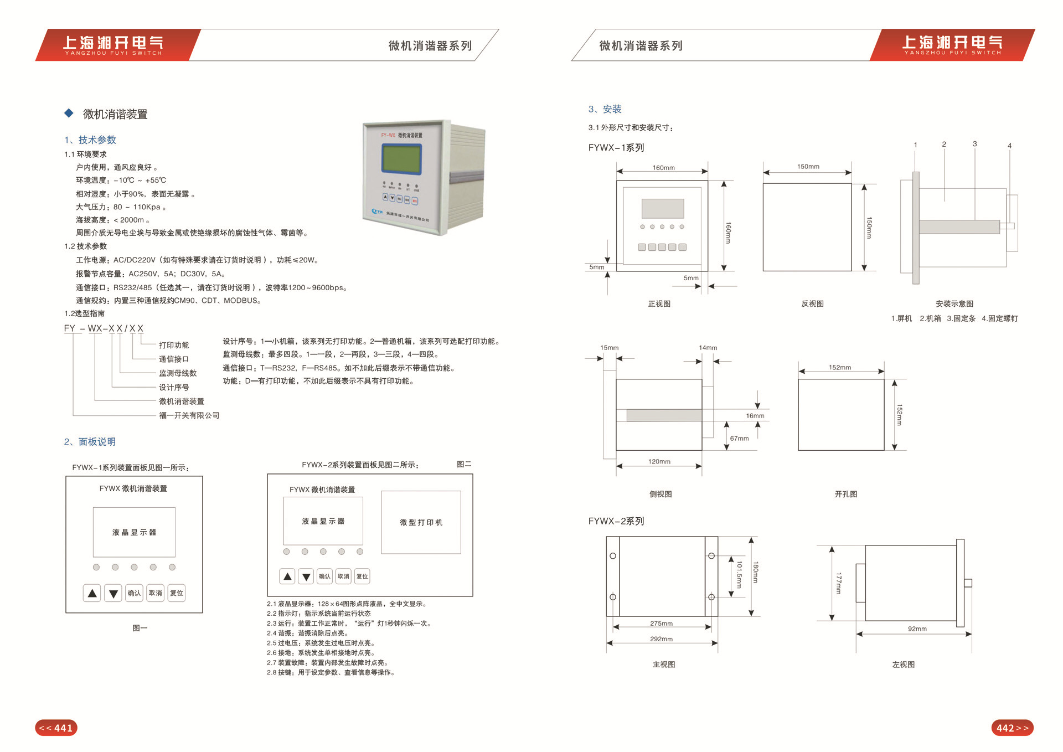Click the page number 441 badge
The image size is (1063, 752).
[x=56, y=728]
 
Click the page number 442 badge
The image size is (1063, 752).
[x=1012, y=728]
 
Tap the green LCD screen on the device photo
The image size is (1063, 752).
[x=401, y=158]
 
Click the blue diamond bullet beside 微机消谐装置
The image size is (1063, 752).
[x=69, y=114]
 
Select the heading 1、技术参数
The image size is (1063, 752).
[x=90, y=140]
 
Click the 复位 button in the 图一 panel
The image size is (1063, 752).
[x=177, y=593]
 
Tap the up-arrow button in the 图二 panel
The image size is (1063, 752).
[x=287, y=576]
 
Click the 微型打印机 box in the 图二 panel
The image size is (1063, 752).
[x=421, y=522]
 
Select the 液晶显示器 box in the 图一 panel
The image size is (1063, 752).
[x=134, y=532]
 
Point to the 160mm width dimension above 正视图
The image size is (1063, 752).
[x=663, y=168]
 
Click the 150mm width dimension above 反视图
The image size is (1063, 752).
[x=808, y=167]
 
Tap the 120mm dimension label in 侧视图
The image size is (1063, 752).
[x=659, y=461]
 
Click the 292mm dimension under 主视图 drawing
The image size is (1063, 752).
[x=661, y=639]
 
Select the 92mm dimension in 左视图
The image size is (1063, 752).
[x=917, y=629]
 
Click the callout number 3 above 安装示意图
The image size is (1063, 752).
[x=974, y=144]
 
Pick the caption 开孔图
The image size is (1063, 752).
[x=845, y=494]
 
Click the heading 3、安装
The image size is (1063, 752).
[x=605, y=109]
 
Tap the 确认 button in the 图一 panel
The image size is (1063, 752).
[x=134, y=593]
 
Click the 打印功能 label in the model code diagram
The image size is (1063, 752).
[x=174, y=345]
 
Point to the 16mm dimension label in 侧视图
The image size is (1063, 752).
[x=755, y=416]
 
